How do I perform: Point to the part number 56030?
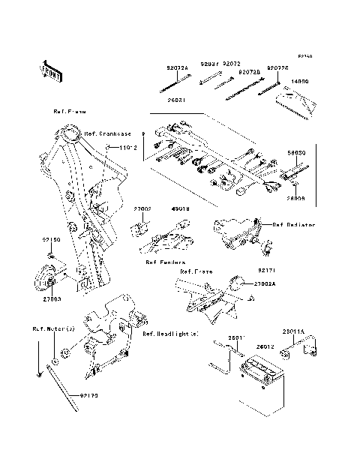tap(296, 173)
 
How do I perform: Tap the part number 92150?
tap(50, 238)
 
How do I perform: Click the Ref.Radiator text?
tap(293, 224)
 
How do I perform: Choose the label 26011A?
tap(313, 328)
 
